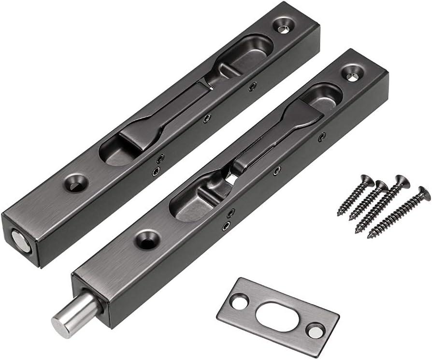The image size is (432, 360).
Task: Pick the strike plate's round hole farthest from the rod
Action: [x=315, y=330]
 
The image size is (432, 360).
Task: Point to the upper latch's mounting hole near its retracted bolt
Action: [x=75, y=183]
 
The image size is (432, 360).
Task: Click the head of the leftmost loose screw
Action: [x=366, y=181]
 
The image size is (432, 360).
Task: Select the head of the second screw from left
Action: [x=381, y=186]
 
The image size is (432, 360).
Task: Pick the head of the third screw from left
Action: [x=401, y=182]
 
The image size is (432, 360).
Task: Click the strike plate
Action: [x=290, y=333]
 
